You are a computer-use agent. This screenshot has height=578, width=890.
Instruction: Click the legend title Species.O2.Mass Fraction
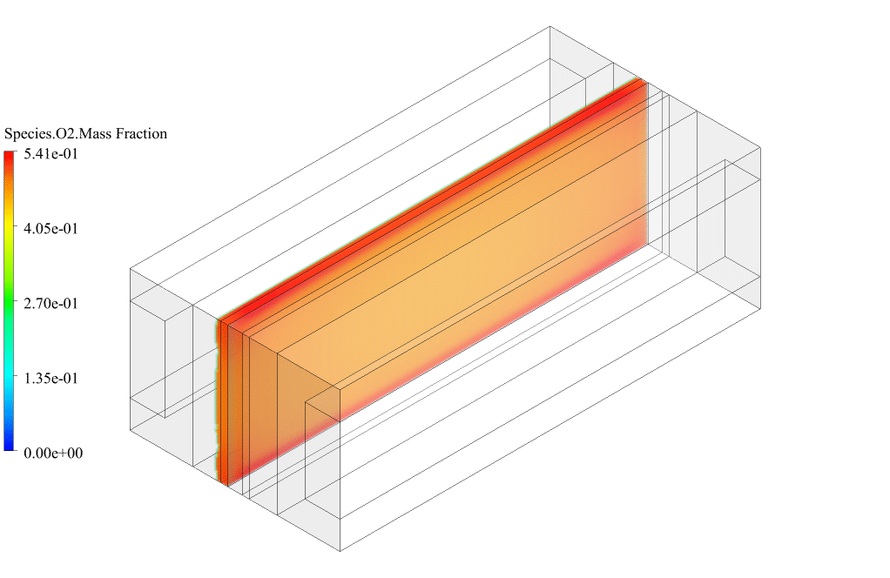click(x=85, y=134)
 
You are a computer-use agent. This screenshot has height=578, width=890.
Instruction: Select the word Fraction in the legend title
click(x=141, y=134)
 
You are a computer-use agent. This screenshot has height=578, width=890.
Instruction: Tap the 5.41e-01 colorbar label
click(x=51, y=154)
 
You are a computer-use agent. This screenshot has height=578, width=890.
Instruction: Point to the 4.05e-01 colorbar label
click(x=51, y=229)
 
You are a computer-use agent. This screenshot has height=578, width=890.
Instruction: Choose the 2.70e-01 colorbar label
click(x=51, y=304)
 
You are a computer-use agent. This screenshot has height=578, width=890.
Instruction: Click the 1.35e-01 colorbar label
click(x=51, y=379)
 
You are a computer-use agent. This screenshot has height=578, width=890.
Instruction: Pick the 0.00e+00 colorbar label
click(x=53, y=454)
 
